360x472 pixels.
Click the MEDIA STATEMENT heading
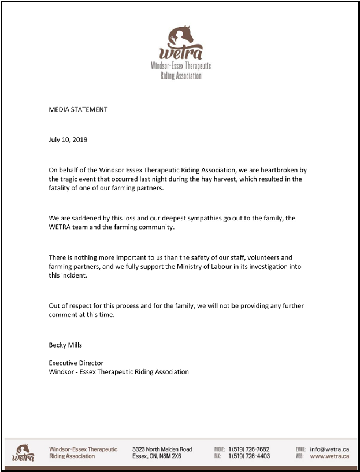(x=78, y=109)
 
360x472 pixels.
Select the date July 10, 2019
(x=68, y=139)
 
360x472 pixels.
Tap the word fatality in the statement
(x=60, y=189)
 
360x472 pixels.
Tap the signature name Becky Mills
(x=65, y=345)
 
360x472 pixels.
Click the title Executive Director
(x=76, y=363)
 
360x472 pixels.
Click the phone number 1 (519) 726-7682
(x=248, y=449)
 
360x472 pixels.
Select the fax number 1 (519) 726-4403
(x=248, y=456)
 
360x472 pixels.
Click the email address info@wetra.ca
(x=329, y=449)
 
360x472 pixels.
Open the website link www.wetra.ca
(x=329, y=456)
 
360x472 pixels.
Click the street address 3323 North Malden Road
(x=162, y=449)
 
